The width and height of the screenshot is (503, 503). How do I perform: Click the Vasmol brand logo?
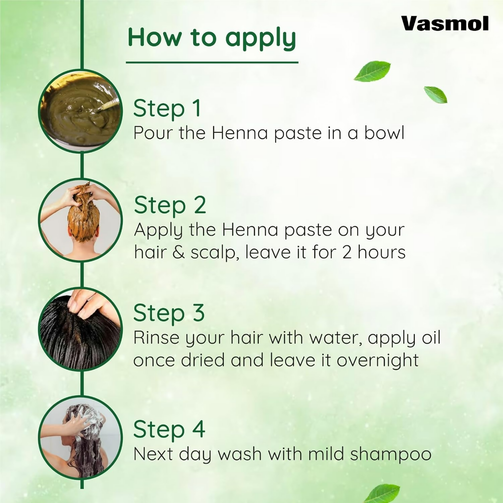click(x=445, y=24)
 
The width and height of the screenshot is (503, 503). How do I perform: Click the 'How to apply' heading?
click(x=212, y=38)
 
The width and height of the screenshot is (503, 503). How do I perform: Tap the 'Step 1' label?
click(x=167, y=108)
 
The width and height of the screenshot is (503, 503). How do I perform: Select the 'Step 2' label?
click(x=170, y=205)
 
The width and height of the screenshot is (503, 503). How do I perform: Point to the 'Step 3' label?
click(x=169, y=313)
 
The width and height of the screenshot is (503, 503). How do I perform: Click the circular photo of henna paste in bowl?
click(x=80, y=111)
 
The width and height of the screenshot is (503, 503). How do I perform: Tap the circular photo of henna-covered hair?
click(x=80, y=220)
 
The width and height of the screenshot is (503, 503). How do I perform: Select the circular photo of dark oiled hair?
click(x=80, y=329)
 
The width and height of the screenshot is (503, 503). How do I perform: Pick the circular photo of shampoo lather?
click(x=80, y=438)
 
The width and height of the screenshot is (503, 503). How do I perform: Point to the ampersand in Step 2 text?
click(x=178, y=253)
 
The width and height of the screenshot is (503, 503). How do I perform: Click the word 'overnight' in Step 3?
click(x=378, y=360)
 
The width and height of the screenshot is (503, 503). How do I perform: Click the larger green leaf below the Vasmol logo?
click(x=372, y=71)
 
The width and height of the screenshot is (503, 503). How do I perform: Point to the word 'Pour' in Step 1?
click(x=153, y=133)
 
